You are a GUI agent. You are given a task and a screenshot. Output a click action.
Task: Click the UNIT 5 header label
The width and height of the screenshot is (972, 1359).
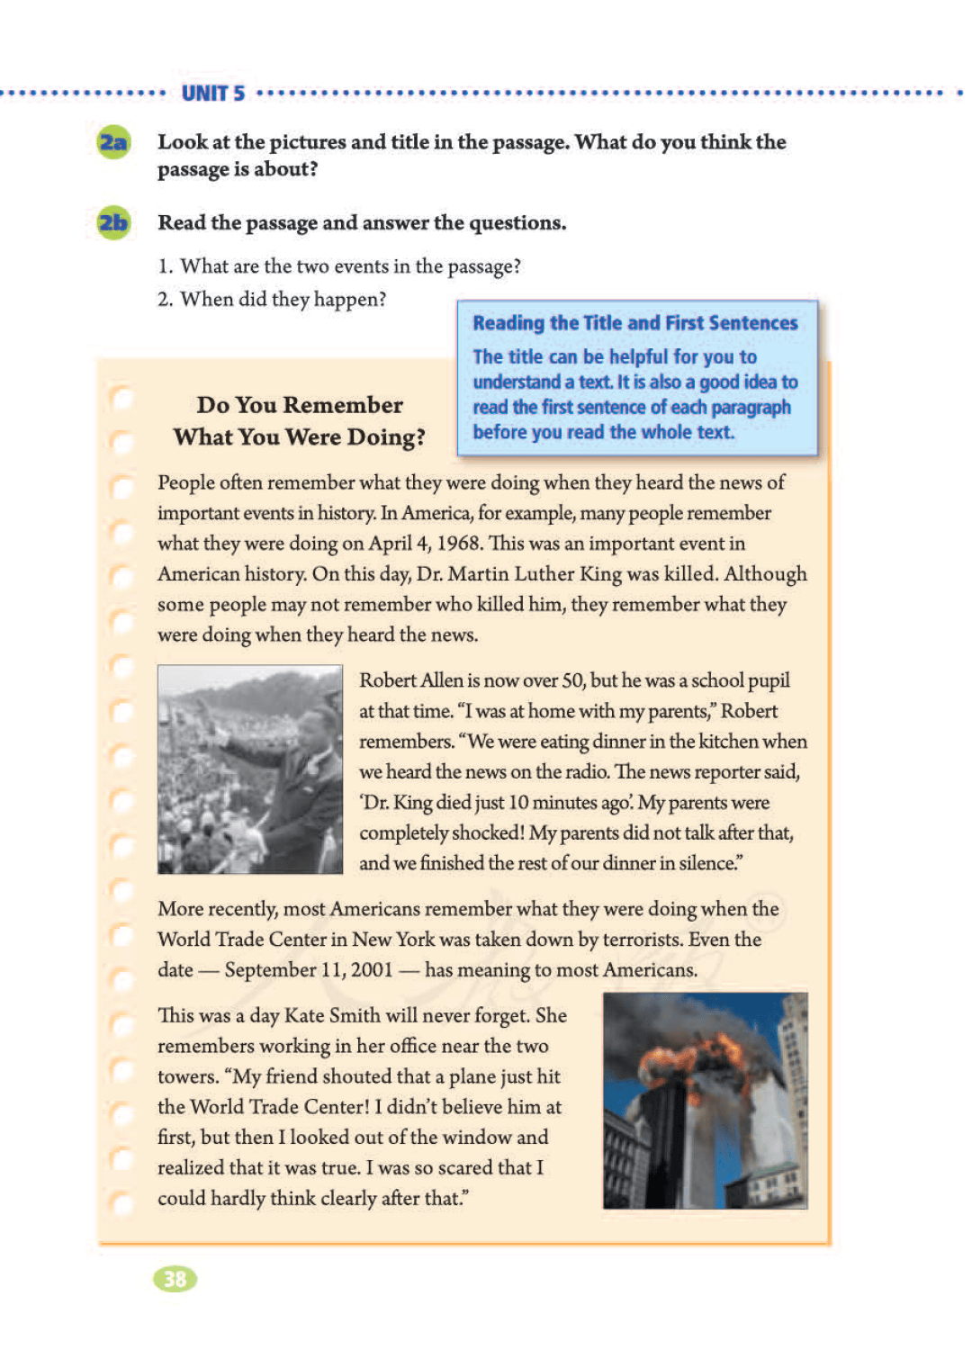click(213, 94)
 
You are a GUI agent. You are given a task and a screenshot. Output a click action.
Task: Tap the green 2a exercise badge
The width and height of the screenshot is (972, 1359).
click(113, 143)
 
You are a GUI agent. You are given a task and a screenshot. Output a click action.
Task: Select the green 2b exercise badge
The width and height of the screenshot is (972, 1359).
click(113, 223)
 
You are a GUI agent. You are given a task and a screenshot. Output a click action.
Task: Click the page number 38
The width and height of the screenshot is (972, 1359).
click(175, 1279)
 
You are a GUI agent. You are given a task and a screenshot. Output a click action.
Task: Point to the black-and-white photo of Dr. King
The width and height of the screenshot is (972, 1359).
click(250, 769)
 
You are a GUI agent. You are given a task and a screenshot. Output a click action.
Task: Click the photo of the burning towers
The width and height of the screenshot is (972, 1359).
click(705, 1100)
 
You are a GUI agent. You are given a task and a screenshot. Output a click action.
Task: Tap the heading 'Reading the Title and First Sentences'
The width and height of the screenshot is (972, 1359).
click(635, 323)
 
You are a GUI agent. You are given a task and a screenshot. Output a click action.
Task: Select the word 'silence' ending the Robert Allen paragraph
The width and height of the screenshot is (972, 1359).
click(707, 863)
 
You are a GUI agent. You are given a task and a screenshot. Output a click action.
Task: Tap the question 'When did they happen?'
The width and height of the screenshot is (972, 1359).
click(283, 299)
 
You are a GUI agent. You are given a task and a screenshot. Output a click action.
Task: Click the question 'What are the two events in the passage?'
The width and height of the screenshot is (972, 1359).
click(350, 266)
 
